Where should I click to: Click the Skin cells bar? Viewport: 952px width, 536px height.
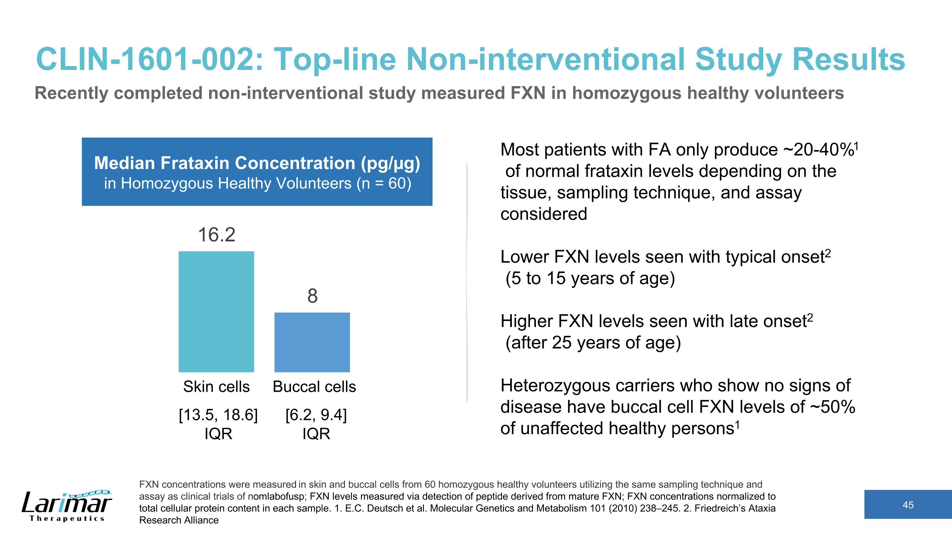pos(216,311)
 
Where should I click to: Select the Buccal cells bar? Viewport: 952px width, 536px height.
pos(312,342)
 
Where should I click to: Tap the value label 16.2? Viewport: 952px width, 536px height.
pos(216,234)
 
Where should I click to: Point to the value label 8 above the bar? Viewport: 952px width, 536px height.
pos(312,296)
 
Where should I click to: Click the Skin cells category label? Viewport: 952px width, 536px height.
pos(216,387)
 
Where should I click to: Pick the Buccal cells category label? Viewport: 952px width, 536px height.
pos(314,387)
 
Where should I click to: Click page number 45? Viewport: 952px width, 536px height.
pos(908,505)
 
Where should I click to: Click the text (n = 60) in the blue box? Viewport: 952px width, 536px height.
pos(384,183)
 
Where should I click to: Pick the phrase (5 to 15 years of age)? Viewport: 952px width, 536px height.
pos(590,278)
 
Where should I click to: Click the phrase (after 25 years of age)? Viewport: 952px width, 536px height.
pos(593,343)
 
